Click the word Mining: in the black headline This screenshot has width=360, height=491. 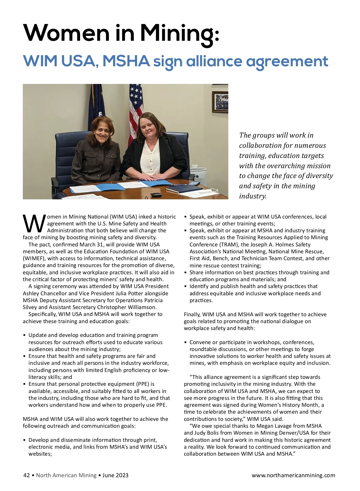[179, 34]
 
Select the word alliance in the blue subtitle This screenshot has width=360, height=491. [214, 61]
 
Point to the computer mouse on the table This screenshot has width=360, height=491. [156, 195]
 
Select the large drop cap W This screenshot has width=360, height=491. [34, 224]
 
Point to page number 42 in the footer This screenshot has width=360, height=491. [26, 475]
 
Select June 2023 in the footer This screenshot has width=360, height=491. [115, 475]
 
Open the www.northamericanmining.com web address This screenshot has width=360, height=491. [293, 475]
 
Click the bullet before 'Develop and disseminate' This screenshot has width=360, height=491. [24, 440]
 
